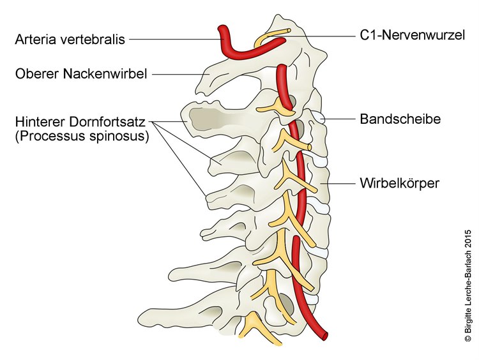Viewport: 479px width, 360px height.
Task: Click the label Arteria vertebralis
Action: point(70,40)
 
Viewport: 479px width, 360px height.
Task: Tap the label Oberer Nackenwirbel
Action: point(81,74)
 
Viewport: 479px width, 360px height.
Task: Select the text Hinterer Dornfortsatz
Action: point(80,121)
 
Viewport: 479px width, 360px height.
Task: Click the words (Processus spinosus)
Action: point(82,136)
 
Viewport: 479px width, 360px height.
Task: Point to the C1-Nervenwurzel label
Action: point(413,35)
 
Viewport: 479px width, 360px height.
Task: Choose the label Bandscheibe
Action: point(400,119)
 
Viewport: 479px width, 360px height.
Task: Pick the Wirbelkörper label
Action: point(400,183)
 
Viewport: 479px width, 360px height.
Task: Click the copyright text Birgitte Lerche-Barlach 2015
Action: point(468,285)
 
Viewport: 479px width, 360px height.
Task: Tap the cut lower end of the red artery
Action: point(324,336)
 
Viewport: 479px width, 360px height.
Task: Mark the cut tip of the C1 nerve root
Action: point(289,31)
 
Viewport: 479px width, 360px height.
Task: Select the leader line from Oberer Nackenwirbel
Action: point(180,74)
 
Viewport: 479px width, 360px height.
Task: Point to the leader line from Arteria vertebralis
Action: point(176,40)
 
